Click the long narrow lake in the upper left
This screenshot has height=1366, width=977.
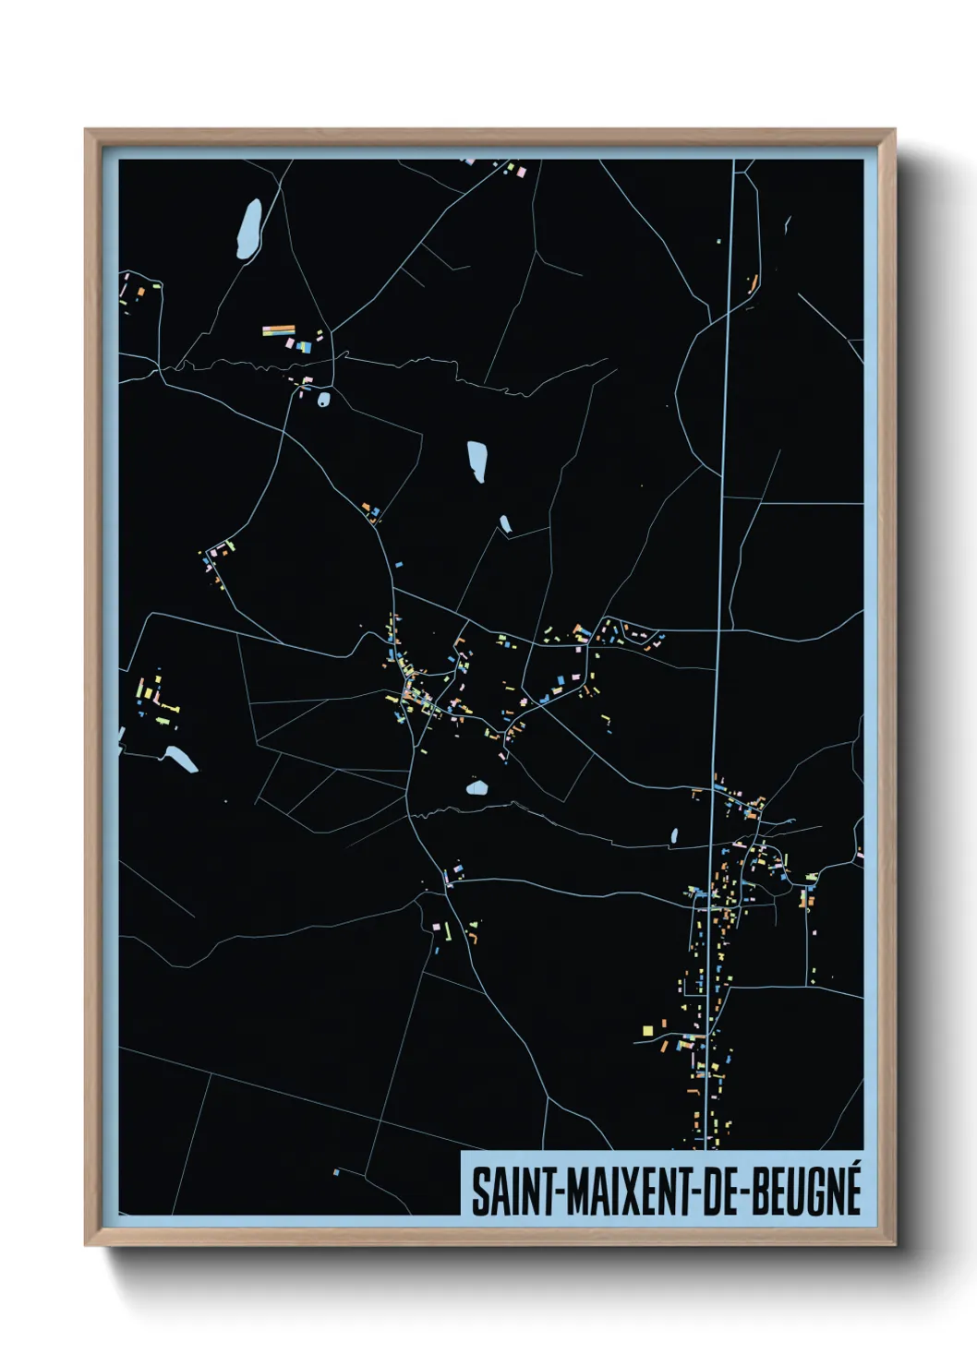[x=248, y=228]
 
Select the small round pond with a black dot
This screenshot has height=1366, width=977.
[x=323, y=400]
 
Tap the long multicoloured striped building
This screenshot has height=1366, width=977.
[x=278, y=330]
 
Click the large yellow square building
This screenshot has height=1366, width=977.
[x=647, y=1030]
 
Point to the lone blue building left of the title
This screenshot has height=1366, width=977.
[x=336, y=1173]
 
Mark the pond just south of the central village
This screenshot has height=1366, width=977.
[x=476, y=788]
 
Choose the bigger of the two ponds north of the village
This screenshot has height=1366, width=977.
[x=476, y=460]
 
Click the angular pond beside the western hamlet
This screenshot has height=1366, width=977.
[x=179, y=760]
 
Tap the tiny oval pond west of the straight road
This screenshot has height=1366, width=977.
[x=674, y=836]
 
